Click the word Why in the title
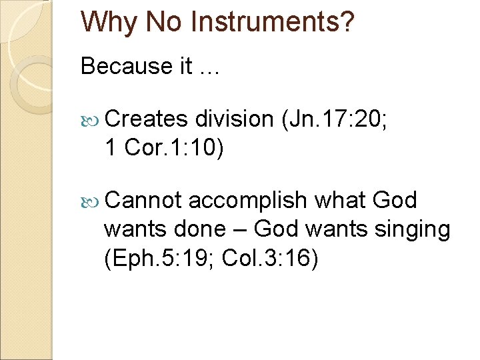pyautogui.click(x=108, y=22)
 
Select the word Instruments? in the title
pyautogui.click(x=273, y=22)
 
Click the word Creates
pyautogui.click(x=146, y=119)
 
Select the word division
pyautogui.click(x=235, y=119)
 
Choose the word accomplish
pyautogui.click(x=248, y=200)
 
